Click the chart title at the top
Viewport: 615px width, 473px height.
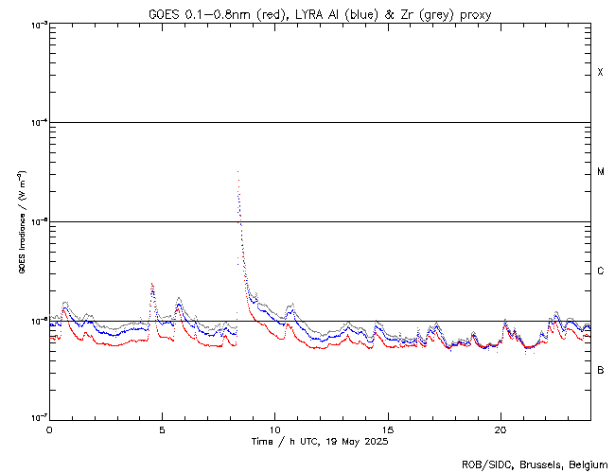pos(320,14)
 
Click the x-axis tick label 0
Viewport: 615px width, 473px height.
pos(49,429)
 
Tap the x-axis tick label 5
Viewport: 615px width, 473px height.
pos(162,429)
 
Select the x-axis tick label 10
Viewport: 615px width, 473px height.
pos(274,429)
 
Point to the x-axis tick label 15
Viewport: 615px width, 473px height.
pos(387,429)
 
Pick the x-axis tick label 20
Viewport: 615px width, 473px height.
pos(500,429)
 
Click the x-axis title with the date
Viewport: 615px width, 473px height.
pos(320,441)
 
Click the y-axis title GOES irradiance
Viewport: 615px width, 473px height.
pos(21,222)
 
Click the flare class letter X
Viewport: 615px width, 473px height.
pos(600,73)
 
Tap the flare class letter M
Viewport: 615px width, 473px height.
pos(600,172)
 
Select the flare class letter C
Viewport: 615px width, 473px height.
pos(600,272)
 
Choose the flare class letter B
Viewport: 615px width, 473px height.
pos(600,370)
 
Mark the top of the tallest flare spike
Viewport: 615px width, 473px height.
pos(237,172)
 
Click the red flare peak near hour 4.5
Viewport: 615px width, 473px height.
pos(152,284)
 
